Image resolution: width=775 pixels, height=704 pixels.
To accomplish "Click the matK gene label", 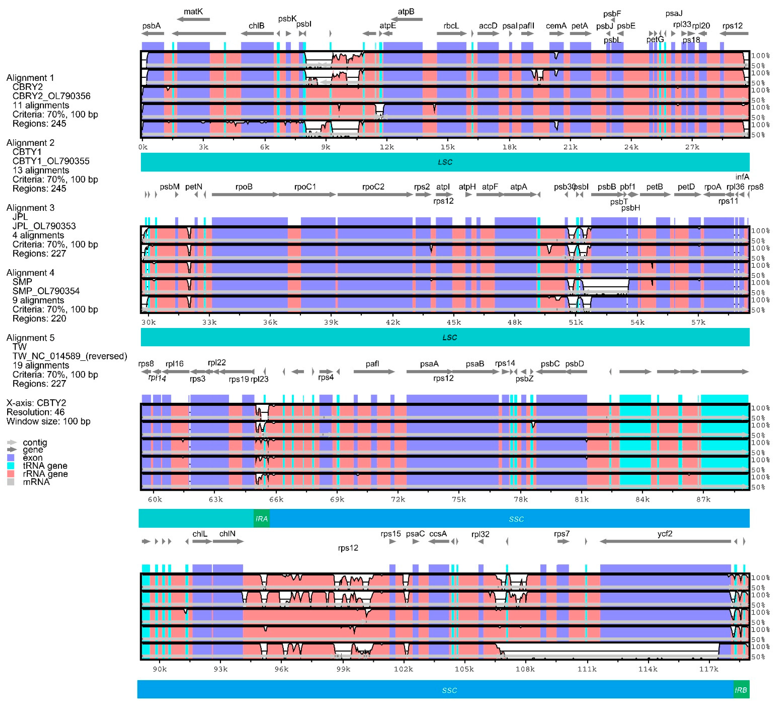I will point(193,12).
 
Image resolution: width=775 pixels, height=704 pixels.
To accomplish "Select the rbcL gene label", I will point(451,26).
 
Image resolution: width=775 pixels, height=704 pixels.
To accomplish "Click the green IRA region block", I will point(261,519).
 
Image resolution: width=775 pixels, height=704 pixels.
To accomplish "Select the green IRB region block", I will point(741,690).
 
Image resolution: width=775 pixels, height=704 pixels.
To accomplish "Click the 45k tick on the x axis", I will point(454,322).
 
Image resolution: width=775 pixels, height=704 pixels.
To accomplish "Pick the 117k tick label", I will point(708,669).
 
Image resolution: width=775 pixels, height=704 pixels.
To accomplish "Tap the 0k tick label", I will point(143,147).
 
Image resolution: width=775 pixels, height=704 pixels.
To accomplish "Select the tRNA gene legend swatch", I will point(11,466).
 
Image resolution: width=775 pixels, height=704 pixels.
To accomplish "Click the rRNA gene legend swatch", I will point(11,474).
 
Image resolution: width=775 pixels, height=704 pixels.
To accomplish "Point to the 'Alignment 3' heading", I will point(30,208).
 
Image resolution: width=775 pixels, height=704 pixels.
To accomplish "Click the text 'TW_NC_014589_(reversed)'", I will point(70,356).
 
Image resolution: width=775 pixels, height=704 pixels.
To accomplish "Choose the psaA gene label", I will point(429,364).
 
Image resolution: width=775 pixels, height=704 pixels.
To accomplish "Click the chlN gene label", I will point(227,534).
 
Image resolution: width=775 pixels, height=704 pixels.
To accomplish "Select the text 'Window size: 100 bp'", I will point(48,421).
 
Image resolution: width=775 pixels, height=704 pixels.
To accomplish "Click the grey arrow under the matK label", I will point(193,19).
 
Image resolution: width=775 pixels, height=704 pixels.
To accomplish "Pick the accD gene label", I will point(488,26).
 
